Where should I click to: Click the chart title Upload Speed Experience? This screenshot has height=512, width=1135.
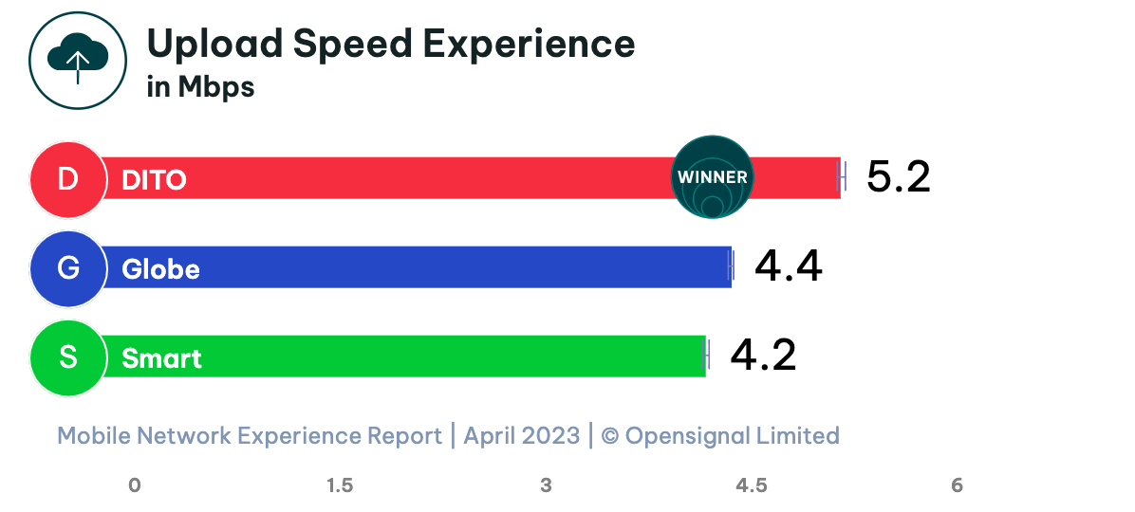(x=390, y=45)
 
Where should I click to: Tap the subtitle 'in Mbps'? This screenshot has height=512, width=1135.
(x=200, y=87)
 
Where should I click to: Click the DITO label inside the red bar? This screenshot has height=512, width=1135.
(x=154, y=179)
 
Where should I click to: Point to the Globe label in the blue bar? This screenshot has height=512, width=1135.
(x=160, y=269)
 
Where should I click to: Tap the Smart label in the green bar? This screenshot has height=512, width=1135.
(x=161, y=358)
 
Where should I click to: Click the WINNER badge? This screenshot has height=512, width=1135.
(x=712, y=177)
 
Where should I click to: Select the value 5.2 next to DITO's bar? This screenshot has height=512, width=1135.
(x=898, y=177)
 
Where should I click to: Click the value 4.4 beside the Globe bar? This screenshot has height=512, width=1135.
(x=788, y=267)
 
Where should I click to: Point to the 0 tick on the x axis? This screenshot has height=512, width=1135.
(x=135, y=485)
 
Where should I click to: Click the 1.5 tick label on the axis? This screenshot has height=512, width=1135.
(x=340, y=485)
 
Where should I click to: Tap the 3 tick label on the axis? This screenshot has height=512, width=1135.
(x=546, y=485)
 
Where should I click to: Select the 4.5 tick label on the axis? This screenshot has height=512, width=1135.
(x=751, y=485)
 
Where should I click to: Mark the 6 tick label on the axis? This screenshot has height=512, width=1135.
(x=957, y=485)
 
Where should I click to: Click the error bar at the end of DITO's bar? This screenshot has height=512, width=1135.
(x=842, y=177)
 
